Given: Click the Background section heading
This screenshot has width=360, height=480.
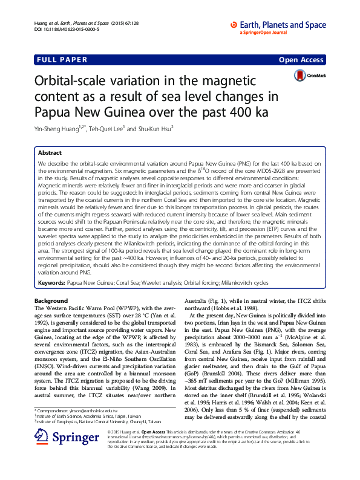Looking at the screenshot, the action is [x=51, y=300].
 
